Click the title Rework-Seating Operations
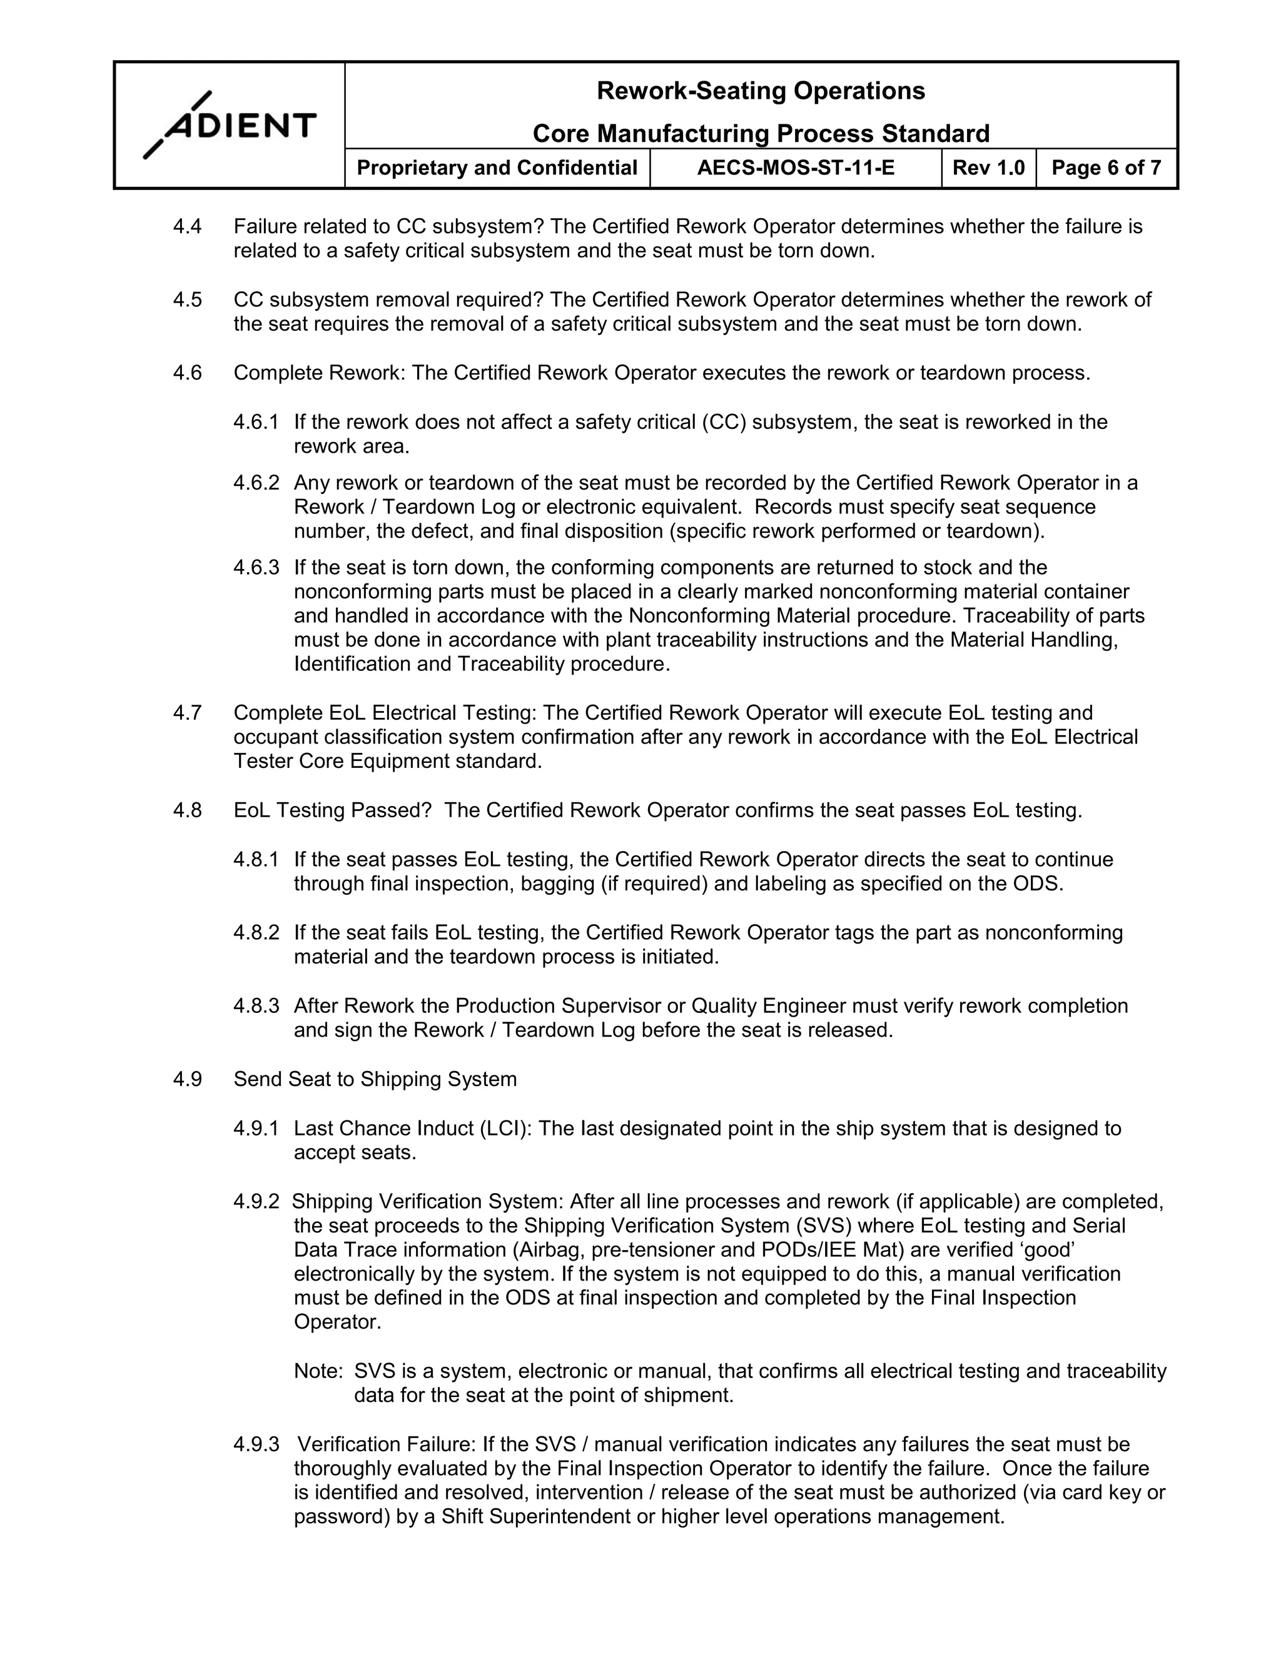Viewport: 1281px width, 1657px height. click(761, 91)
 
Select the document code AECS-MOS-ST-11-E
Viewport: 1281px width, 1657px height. click(796, 168)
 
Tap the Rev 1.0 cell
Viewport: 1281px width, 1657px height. click(988, 168)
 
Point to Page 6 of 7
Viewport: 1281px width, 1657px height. click(1106, 168)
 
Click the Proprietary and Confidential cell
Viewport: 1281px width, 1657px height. click(497, 168)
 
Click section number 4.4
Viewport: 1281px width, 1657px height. click(188, 227)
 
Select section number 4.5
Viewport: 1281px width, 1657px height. click(188, 300)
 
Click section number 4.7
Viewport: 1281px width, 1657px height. click(188, 713)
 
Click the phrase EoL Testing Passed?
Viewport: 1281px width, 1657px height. click(332, 811)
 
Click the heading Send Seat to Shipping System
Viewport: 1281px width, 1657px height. click(375, 1080)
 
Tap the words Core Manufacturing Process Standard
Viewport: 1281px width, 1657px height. click(761, 134)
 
